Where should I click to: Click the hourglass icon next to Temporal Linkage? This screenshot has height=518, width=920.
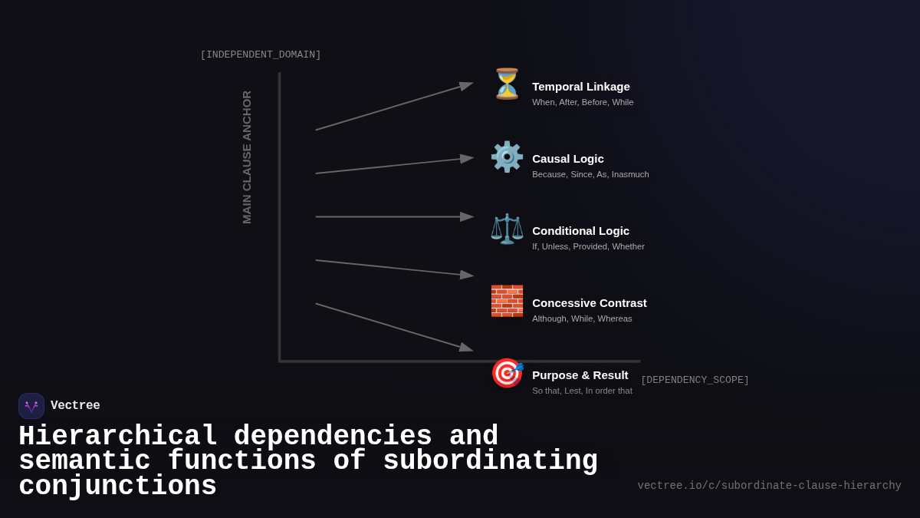point(507,84)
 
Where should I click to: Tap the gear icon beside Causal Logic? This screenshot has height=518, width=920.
point(507,157)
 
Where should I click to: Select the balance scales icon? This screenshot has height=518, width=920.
point(507,229)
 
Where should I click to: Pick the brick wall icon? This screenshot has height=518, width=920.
point(507,301)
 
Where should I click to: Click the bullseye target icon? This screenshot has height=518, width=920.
point(507,373)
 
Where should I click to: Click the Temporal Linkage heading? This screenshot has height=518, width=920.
point(580,87)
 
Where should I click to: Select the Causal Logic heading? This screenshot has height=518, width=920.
point(567,159)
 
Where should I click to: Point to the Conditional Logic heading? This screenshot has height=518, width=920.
point(580,231)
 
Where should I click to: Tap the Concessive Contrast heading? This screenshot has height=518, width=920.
point(589,303)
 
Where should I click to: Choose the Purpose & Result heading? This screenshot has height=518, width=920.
point(580,375)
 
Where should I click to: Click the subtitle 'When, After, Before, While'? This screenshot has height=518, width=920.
point(583,102)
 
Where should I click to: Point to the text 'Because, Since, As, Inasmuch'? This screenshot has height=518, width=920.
point(590,174)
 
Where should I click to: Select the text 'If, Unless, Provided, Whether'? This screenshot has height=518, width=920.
point(588,246)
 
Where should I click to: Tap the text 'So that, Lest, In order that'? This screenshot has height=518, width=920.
point(582,391)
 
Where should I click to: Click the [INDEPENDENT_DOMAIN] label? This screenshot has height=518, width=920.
point(261,55)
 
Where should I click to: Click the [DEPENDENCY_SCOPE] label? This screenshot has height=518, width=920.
point(695,380)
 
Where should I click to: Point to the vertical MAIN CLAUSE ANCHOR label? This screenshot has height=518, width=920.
point(247,157)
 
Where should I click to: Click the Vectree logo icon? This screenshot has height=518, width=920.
point(31,406)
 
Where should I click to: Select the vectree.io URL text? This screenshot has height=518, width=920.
point(769,486)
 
